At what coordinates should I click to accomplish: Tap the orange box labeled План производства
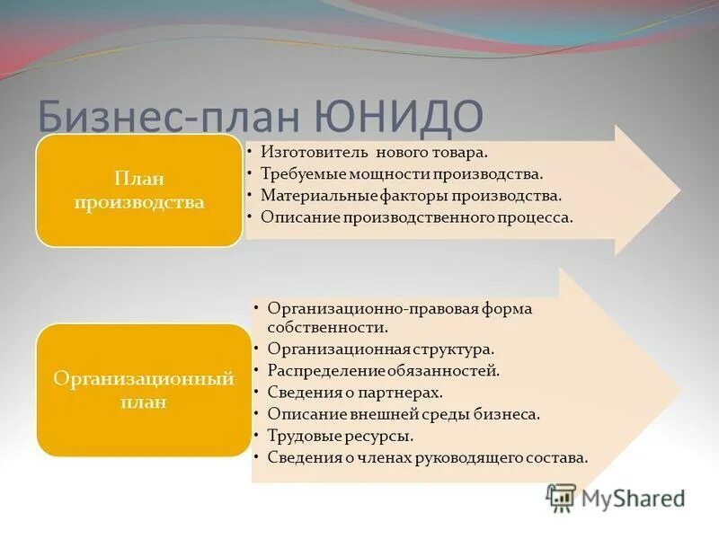[139, 190]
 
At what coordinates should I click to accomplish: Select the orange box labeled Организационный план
[144, 390]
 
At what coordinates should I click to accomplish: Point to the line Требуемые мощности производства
[402, 173]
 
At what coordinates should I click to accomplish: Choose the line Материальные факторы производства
[411, 195]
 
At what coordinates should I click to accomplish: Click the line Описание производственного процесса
[416, 217]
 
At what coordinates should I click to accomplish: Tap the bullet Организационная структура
[380, 349]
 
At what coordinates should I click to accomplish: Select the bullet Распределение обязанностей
[383, 370]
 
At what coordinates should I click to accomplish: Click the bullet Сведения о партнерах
[355, 393]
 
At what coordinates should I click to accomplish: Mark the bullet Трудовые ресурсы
[340, 436]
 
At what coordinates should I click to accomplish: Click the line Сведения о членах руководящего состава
[427, 458]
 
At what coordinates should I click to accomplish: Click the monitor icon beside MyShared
[561, 498]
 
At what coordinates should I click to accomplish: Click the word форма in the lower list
[506, 308]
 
